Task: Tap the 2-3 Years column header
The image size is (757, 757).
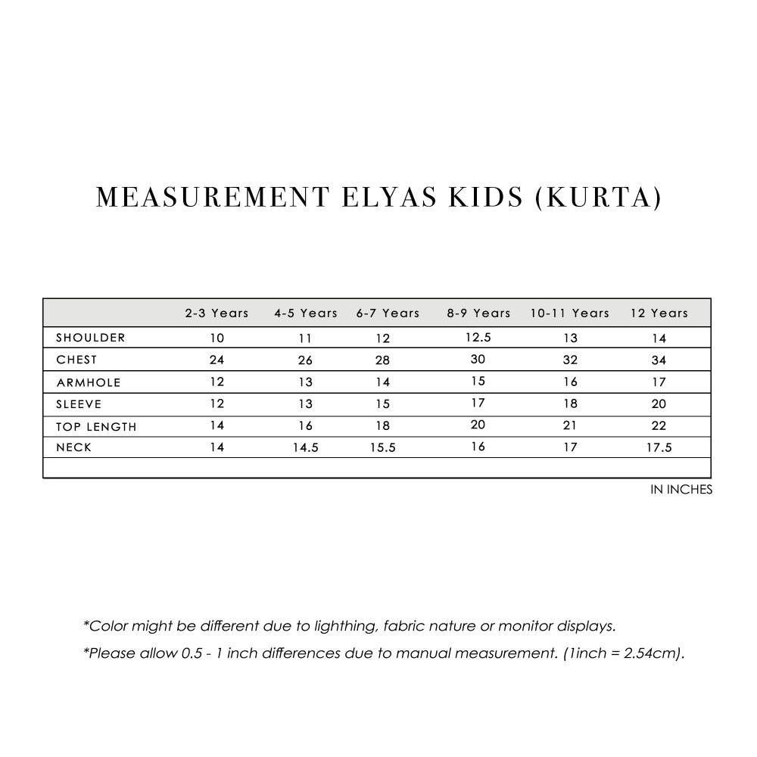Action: pyautogui.click(x=217, y=313)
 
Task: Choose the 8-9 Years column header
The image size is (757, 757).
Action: pyautogui.click(x=478, y=313)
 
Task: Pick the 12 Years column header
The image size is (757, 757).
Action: pyautogui.click(x=659, y=313)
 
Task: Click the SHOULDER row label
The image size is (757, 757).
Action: pyautogui.click(x=91, y=338)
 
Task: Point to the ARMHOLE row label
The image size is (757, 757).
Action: pyautogui.click(x=89, y=382)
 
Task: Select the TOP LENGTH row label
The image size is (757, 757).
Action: pyautogui.click(x=96, y=426)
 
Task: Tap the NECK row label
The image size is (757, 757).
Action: pyautogui.click(x=74, y=447)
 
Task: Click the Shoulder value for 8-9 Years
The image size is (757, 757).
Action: pyautogui.click(x=478, y=337)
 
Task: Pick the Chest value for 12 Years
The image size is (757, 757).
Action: pyautogui.click(x=659, y=360)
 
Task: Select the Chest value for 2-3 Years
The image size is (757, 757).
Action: pyautogui.click(x=217, y=360)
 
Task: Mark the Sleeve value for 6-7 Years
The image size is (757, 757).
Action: pyautogui.click(x=383, y=404)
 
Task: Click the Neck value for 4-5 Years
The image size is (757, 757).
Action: pyautogui.click(x=306, y=448)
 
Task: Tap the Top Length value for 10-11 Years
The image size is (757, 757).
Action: pyautogui.click(x=570, y=425)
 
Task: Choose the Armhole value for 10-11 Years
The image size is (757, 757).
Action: pyautogui.click(x=570, y=382)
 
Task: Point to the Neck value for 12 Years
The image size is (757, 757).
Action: pyautogui.click(x=659, y=448)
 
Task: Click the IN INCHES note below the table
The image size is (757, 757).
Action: pyautogui.click(x=681, y=490)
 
